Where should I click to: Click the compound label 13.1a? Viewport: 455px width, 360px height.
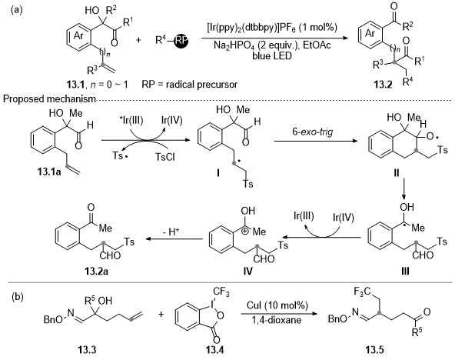(49, 172)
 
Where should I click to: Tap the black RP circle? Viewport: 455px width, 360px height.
(181, 41)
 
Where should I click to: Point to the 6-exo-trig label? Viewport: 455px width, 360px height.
(313, 132)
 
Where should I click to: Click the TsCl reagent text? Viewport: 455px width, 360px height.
(164, 157)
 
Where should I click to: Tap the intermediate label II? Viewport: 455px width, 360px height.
(397, 173)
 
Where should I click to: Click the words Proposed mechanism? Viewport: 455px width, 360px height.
(49, 99)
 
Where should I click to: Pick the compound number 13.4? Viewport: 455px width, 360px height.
(214, 350)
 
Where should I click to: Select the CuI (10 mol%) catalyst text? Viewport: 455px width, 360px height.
(277, 305)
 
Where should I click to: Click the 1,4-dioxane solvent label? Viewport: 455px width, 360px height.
(277, 320)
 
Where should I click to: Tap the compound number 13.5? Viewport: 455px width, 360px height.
(374, 350)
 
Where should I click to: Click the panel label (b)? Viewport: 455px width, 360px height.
(18, 297)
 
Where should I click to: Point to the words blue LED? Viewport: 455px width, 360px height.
(272, 55)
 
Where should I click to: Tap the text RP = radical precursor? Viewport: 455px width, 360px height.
(190, 85)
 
